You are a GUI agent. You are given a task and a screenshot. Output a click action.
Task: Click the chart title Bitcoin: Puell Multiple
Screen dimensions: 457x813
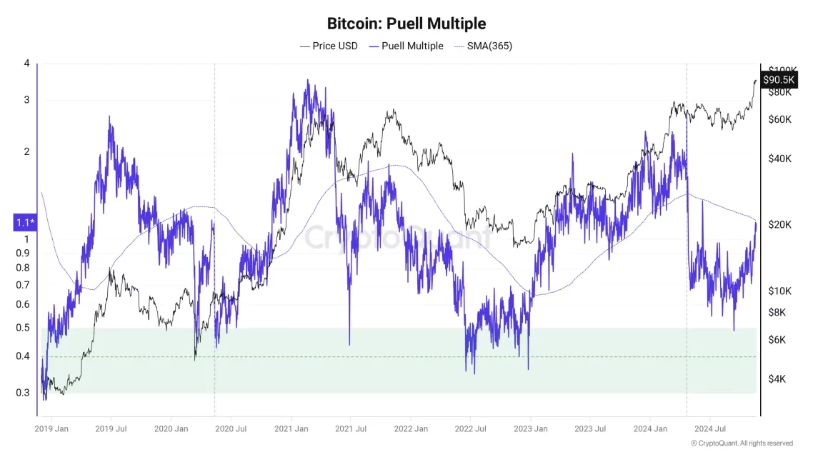406,23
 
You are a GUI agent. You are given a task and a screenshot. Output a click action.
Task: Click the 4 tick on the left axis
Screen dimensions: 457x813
26,64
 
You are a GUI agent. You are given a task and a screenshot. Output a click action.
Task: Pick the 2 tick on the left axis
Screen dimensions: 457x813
26,151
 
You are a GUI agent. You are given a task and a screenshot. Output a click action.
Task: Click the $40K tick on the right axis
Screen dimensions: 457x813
779,159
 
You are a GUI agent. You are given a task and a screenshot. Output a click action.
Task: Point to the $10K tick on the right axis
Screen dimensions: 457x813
779,291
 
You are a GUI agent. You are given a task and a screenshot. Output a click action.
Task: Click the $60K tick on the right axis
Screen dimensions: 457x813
779,119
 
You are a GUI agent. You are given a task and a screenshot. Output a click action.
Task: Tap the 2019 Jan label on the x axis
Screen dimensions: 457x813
51,429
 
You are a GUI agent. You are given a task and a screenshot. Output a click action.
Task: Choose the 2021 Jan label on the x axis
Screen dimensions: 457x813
291,429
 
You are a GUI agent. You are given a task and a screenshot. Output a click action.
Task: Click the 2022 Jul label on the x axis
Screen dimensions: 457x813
471,429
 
